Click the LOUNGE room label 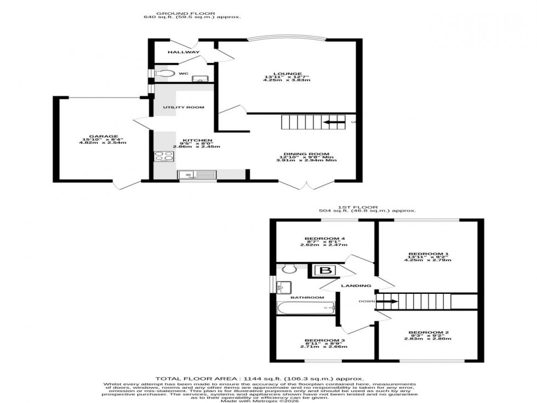click(x=287, y=74)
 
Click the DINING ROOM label click(x=306, y=154)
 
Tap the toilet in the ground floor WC click(x=164, y=73)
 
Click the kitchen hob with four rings click(x=163, y=156)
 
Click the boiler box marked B click(x=324, y=271)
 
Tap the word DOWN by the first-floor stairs click(x=367, y=301)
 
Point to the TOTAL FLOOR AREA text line click(x=260, y=378)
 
